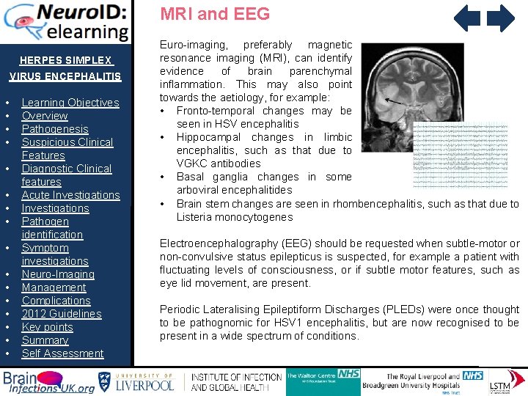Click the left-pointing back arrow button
point(467,18)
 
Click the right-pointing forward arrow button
point(502,18)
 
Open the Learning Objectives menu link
point(70,103)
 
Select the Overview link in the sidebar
point(45,116)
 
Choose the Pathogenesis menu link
point(55,129)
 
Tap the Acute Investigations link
point(70,195)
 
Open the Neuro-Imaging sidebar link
point(58,274)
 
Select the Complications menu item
point(56,301)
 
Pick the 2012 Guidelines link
point(62,314)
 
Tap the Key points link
point(47,327)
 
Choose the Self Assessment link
point(62,353)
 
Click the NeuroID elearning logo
point(66,22)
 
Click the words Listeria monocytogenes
point(234,217)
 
